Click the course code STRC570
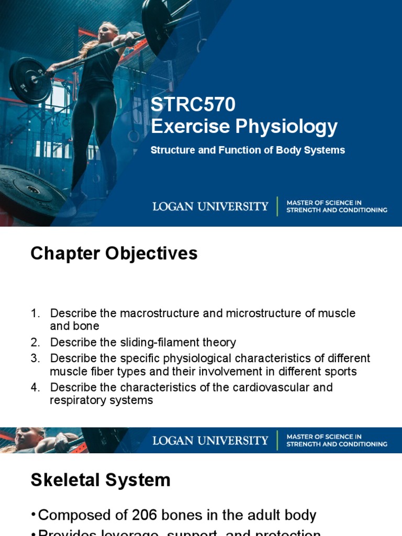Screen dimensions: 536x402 (193, 105)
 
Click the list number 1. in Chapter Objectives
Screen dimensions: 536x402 (35, 314)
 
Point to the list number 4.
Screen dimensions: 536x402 (35, 388)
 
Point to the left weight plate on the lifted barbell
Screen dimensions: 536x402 (30, 80)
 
